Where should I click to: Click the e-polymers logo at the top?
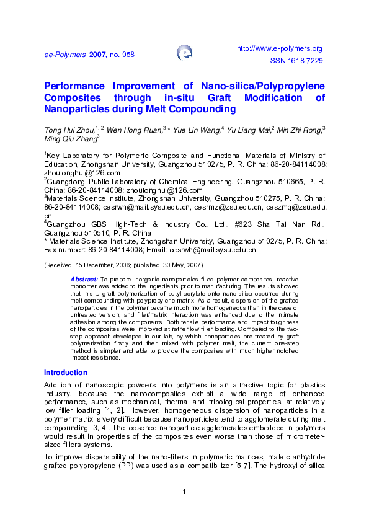pos(184,53)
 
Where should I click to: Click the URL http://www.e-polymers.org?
pos(280,48)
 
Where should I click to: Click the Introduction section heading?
pos(65,373)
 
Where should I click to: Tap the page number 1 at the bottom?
pos(184,492)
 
